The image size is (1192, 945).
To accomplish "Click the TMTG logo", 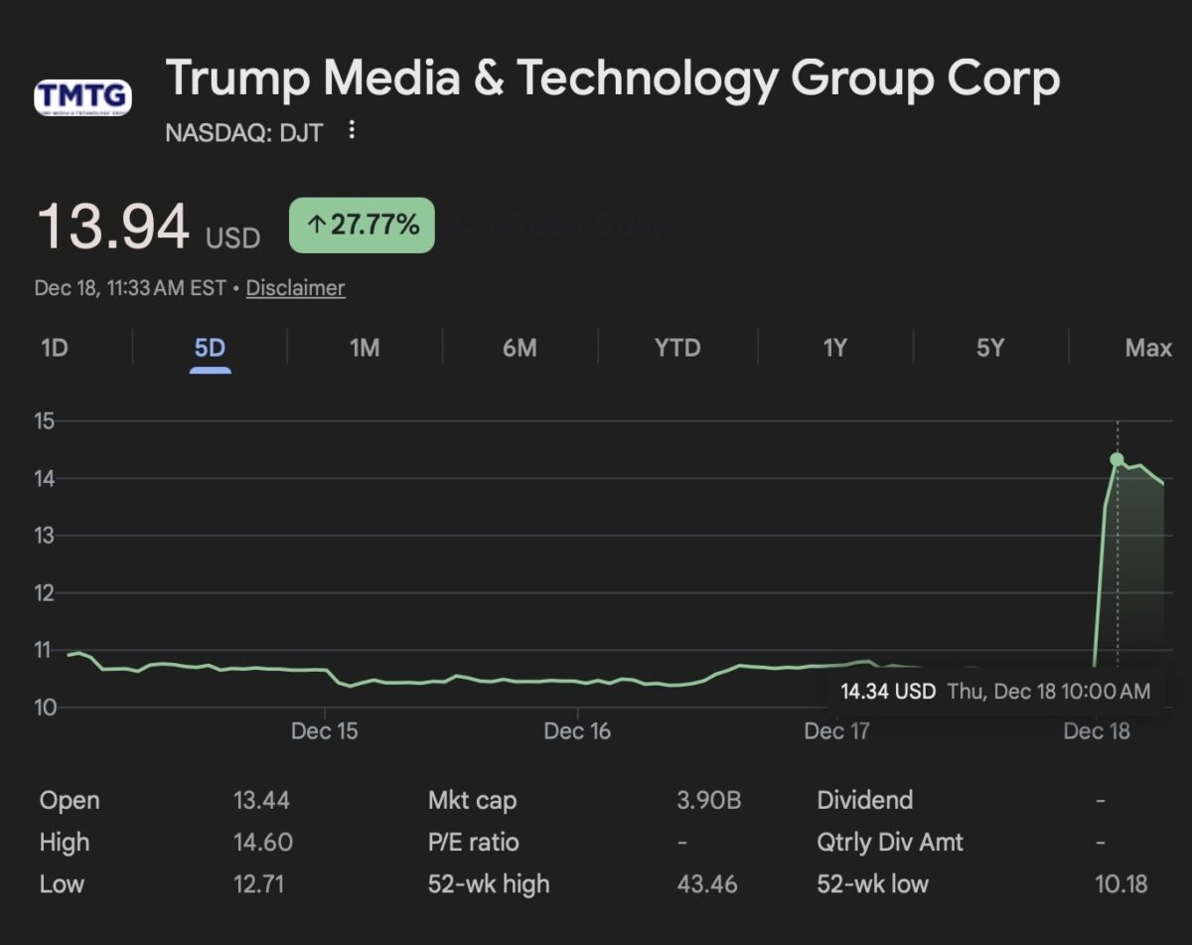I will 82,97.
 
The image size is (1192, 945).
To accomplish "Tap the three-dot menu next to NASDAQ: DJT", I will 352,130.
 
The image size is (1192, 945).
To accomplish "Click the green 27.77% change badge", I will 362,225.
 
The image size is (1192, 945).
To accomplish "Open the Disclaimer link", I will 295,288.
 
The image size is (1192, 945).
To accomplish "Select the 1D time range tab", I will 55,348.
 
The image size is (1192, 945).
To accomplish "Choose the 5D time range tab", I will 210,348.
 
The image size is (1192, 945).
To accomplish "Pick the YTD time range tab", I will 677,348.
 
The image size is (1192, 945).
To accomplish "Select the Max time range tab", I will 1148,348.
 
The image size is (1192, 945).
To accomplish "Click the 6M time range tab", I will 520,348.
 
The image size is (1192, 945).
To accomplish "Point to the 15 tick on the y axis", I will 44,421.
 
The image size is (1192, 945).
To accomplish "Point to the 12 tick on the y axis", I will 44,593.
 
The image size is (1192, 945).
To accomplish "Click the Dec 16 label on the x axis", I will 577,731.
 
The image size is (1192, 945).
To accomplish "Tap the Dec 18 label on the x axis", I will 1097,731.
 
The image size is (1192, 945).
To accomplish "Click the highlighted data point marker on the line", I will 1117,459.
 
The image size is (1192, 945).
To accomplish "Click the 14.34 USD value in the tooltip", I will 888,692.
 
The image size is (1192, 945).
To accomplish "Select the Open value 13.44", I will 261,800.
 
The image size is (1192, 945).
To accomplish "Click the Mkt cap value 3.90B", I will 708,800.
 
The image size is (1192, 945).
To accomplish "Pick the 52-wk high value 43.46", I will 707,883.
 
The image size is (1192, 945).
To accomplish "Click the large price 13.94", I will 113,227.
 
